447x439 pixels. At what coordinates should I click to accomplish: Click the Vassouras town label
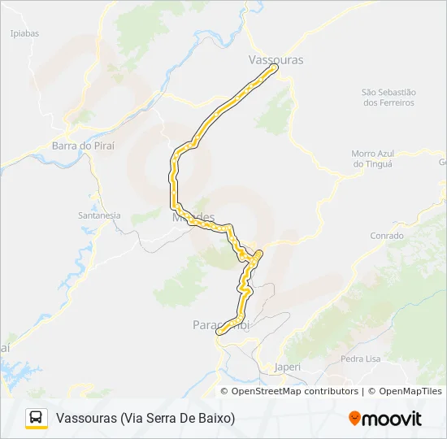tap(275, 60)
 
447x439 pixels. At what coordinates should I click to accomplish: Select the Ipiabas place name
tap(24, 33)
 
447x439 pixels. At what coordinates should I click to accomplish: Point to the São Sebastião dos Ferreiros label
tap(388, 98)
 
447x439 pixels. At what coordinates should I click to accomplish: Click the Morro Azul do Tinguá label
tap(372, 159)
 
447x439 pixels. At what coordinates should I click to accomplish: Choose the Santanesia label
tap(98, 215)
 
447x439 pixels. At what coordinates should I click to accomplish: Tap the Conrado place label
tap(386, 236)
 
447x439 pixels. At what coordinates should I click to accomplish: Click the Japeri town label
tap(287, 367)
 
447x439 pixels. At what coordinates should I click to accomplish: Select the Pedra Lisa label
tap(361, 359)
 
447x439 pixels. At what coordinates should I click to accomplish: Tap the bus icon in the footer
tap(37, 418)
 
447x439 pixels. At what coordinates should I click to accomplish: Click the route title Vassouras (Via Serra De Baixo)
tap(145, 419)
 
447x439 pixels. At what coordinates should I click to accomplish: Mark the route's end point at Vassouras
tap(274, 67)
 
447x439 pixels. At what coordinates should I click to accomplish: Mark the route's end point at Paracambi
tap(218, 332)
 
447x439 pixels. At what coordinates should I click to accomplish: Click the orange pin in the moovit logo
tap(354, 419)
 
